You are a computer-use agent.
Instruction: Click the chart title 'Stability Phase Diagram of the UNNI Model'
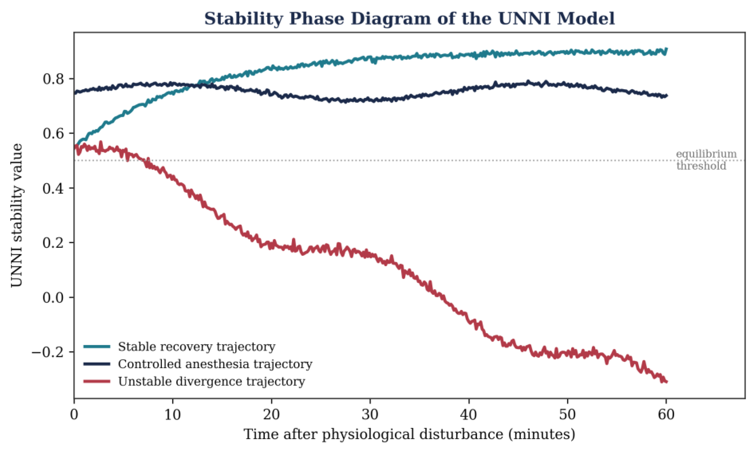coord(409,19)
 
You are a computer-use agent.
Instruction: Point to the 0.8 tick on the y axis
coord(54,79)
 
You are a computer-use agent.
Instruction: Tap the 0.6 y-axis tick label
coord(54,133)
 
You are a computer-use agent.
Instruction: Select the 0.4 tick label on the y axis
coord(54,188)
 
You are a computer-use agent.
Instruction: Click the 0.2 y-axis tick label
coord(54,243)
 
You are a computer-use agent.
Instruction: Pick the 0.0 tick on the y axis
coord(54,297)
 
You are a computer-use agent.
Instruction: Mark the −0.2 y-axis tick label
coord(48,352)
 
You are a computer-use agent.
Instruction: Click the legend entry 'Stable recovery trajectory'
coord(197,347)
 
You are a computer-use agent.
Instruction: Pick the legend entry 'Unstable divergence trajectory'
coord(212,381)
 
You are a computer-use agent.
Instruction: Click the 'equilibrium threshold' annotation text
coord(706,160)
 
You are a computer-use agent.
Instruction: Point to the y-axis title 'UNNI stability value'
coord(16,215)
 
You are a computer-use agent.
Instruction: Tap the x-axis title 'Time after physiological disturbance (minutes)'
coord(409,434)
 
